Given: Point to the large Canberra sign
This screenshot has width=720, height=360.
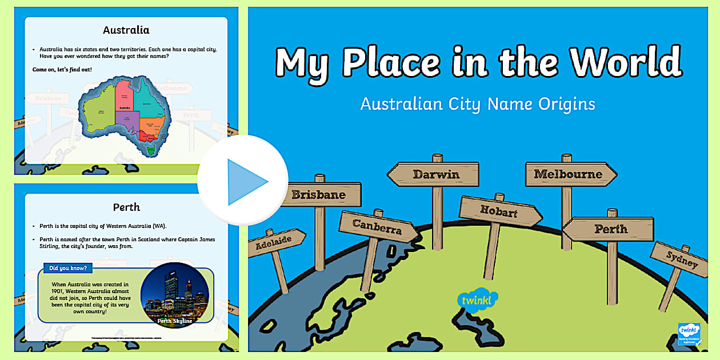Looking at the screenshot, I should tap(377, 229).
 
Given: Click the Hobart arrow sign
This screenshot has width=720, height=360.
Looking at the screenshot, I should tap(499, 211).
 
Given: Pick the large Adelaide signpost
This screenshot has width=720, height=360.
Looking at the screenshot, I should tap(274, 242).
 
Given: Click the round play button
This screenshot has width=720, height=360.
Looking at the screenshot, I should tap(243, 181).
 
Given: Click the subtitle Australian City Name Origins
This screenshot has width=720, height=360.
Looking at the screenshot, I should tap(478, 104).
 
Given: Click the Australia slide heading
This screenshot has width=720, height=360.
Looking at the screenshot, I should tap(126, 29).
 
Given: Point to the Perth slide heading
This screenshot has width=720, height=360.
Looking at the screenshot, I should tap(126, 206).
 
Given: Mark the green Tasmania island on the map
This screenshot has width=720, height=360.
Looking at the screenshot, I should tap(150, 150).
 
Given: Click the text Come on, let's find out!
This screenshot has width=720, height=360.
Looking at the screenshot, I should tap(62, 69).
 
